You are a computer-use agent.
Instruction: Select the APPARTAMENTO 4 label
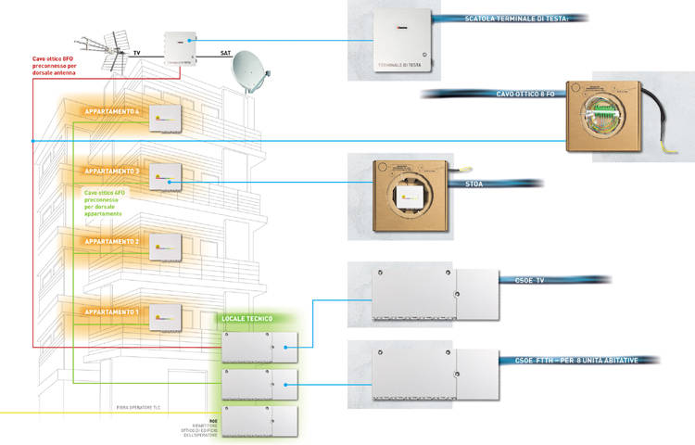(111, 112)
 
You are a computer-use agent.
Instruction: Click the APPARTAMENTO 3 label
(111, 172)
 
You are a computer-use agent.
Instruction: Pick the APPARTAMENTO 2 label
(111, 241)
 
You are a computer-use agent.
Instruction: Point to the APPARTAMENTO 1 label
(111, 311)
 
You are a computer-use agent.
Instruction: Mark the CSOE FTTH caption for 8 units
(575, 359)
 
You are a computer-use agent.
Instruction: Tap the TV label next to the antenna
(138, 55)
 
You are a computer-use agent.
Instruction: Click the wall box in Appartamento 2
(168, 244)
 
